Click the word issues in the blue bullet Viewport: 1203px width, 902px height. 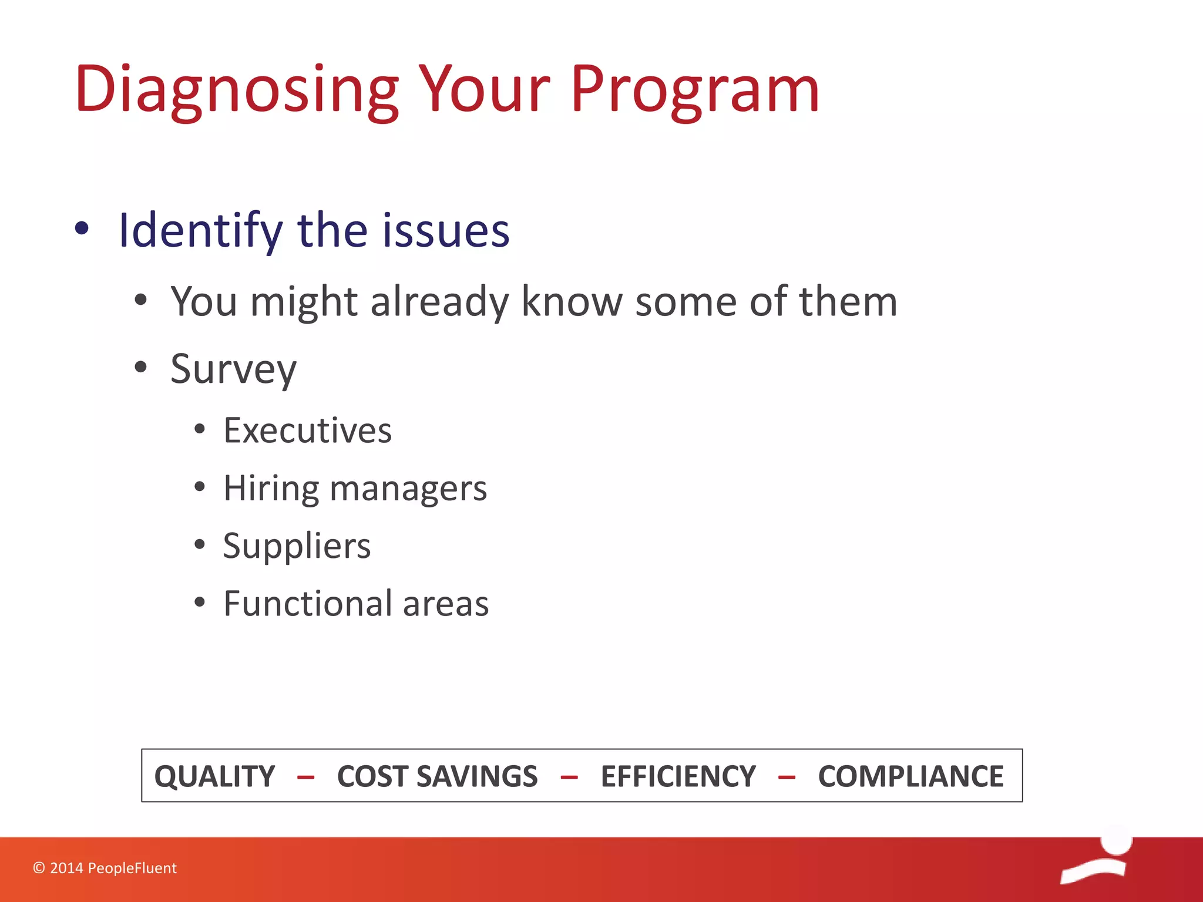[446, 230]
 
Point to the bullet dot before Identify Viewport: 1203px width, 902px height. [82, 229]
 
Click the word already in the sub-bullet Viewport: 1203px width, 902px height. [439, 301]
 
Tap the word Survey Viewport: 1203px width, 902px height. [233, 369]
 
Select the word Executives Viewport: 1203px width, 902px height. [307, 430]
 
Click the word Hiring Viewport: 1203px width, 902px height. [271, 488]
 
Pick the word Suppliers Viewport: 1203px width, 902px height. [297, 546]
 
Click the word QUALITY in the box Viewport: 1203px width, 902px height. [214, 776]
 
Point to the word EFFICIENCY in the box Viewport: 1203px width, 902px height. [678, 776]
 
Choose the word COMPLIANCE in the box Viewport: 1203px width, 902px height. [910, 776]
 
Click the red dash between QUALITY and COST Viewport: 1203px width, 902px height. [305, 778]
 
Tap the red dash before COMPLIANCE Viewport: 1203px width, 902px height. [787, 778]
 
